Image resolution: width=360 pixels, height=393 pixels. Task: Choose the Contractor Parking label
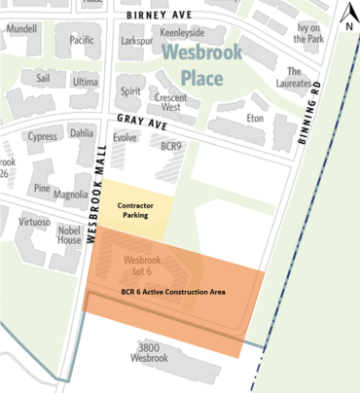(x=134, y=210)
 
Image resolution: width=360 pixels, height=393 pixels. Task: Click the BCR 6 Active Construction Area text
(x=173, y=291)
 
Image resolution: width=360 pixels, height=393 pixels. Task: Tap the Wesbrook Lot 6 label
(x=142, y=266)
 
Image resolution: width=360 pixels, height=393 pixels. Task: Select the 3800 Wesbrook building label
(x=150, y=352)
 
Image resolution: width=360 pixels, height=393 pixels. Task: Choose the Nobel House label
(x=68, y=234)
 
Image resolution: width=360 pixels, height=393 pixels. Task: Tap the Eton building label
(x=256, y=117)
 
